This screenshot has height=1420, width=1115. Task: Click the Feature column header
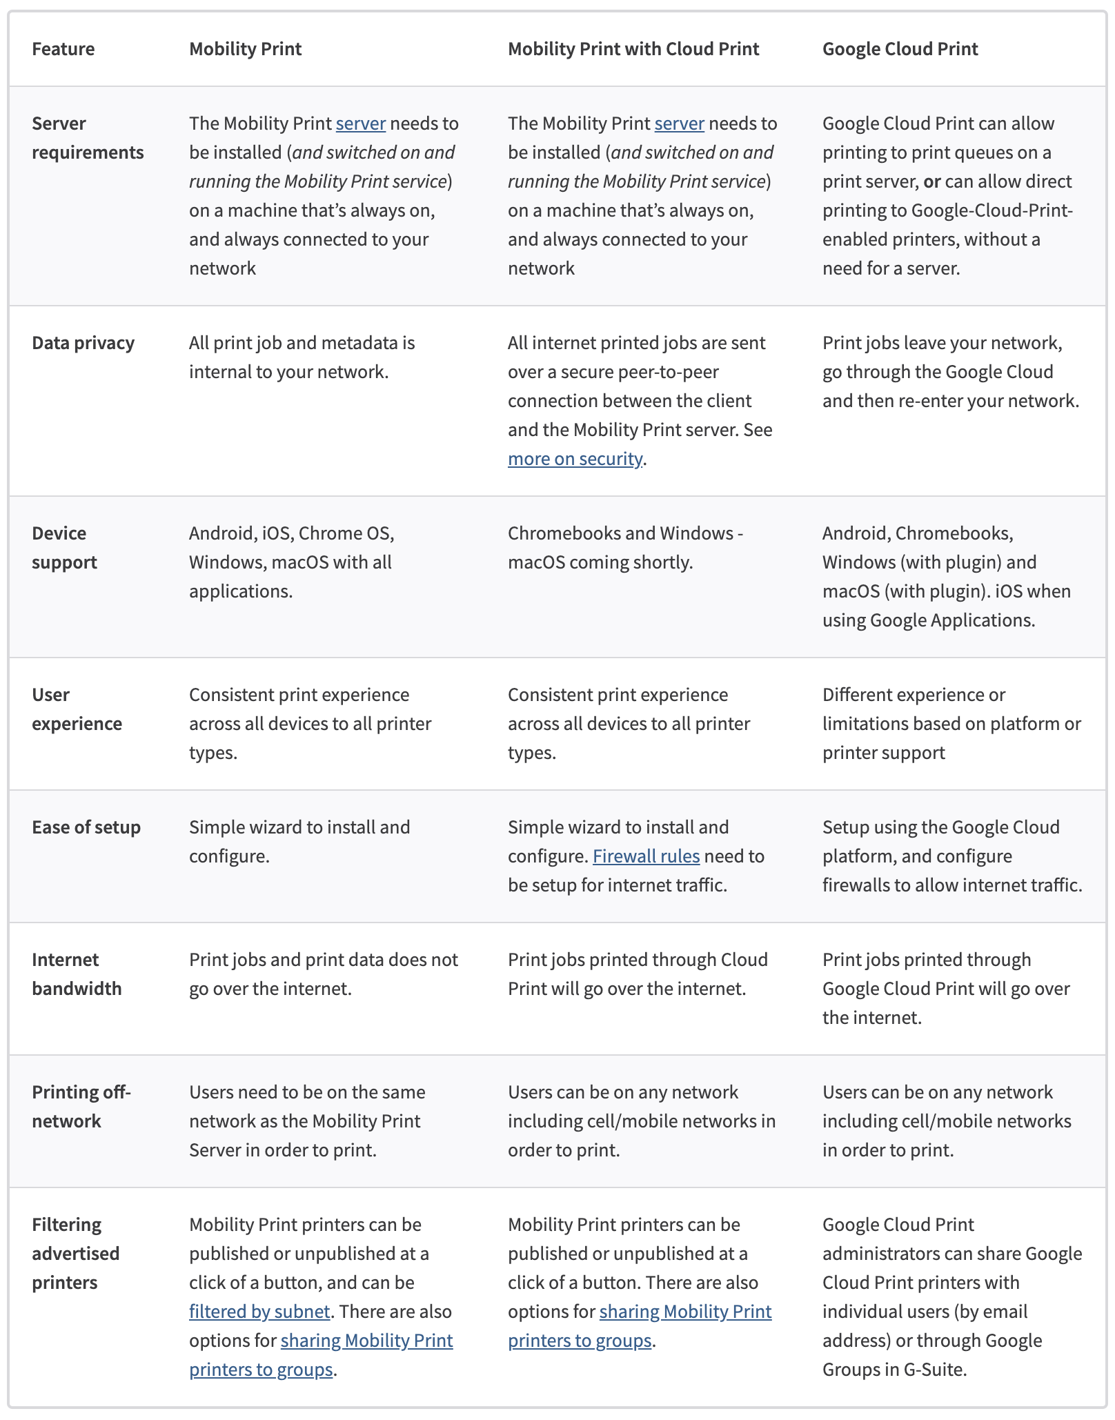tap(63, 49)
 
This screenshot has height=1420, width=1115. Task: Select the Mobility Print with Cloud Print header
tap(633, 49)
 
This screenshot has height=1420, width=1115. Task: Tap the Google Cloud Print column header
tap(900, 49)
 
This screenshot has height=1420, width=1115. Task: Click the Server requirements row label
tap(88, 138)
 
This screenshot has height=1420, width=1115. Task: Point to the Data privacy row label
tap(83, 343)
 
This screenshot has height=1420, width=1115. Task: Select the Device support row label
tap(64, 548)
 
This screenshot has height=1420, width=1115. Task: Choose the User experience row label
tap(77, 709)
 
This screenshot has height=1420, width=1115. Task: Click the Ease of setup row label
tap(86, 827)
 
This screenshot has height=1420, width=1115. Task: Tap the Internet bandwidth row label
tap(77, 974)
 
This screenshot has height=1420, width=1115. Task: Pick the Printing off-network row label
tap(81, 1107)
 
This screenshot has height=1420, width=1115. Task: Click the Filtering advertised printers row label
tap(75, 1254)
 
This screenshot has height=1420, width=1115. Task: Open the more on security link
tap(575, 459)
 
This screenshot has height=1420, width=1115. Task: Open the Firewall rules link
tap(646, 856)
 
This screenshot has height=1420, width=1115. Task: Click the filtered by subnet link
tap(259, 1312)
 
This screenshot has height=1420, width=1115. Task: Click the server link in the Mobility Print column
tap(361, 124)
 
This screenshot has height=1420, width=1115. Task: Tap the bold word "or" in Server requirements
tap(931, 181)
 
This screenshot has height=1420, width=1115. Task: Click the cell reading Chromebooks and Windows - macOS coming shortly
tap(625, 548)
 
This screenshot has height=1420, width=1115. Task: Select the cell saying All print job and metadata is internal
tap(302, 357)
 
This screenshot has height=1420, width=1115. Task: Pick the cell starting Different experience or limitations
tap(951, 724)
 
